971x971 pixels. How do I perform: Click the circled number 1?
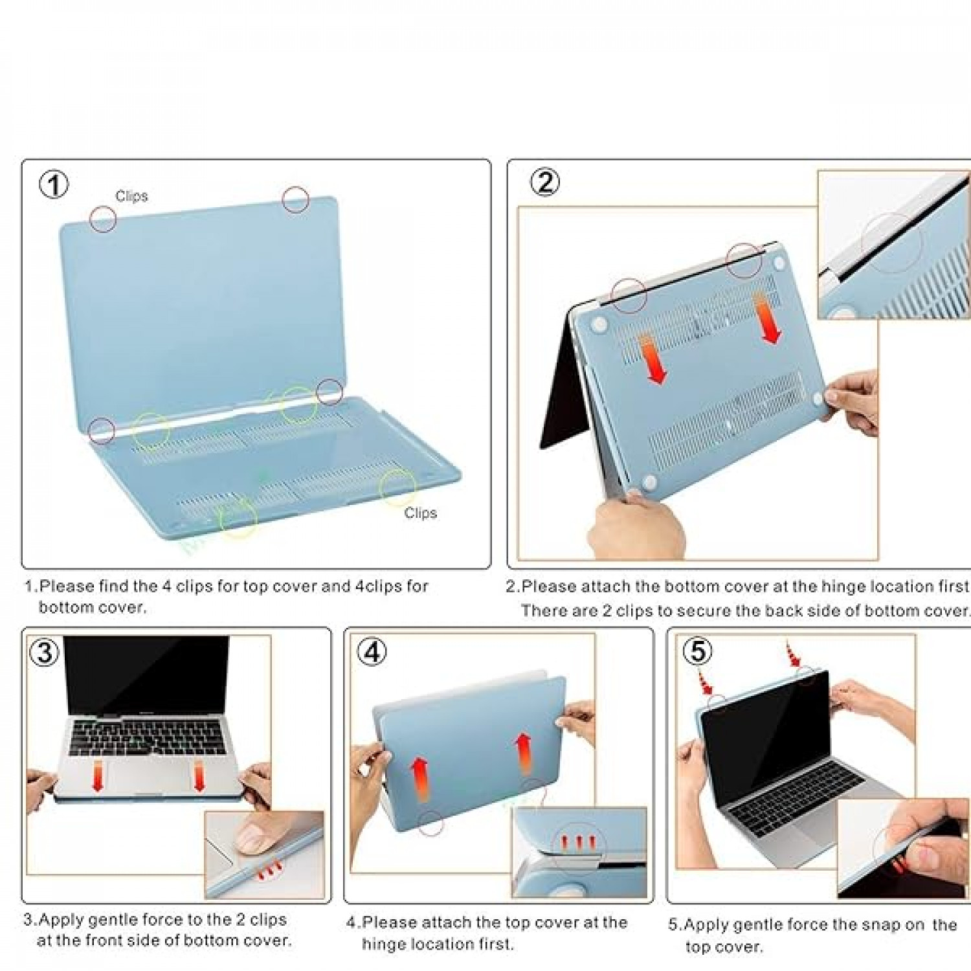pyautogui.click(x=54, y=185)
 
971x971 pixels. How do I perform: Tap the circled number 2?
pyautogui.click(x=545, y=182)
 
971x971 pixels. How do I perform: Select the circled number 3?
pyautogui.click(x=45, y=652)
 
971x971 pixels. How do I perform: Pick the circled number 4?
pyautogui.click(x=372, y=652)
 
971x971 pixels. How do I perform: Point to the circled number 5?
pyautogui.click(x=698, y=651)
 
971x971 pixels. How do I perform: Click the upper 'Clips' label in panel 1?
pyautogui.click(x=131, y=196)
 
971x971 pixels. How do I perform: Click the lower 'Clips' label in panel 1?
pyautogui.click(x=421, y=513)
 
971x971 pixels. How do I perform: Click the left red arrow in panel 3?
pyautogui.click(x=98, y=775)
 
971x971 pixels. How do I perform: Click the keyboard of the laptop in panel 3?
pyautogui.click(x=148, y=738)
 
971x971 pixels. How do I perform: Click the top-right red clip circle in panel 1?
pyautogui.click(x=295, y=199)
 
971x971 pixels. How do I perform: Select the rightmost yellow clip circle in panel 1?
pyautogui.click(x=397, y=487)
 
